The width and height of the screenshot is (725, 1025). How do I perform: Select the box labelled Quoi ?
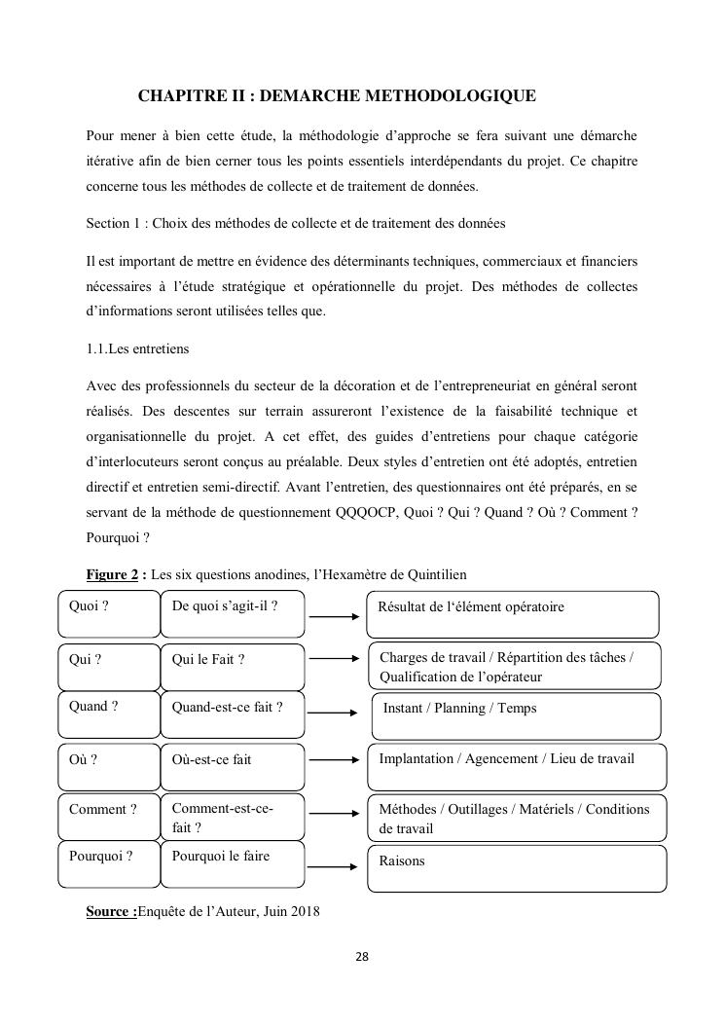pyautogui.click(x=108, y=614)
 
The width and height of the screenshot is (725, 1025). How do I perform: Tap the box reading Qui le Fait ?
pyautogui.click(x=232, y=666)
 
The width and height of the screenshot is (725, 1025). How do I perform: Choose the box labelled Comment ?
pyautogui.click(x=108, y=817)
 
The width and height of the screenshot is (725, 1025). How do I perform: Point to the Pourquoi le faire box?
pyautogui.click(x=232, y=865)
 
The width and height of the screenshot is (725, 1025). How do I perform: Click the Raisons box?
pyautogui.click(x=516, y=868)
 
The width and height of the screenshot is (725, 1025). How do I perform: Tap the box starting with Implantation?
pyautogui.click(x=516, y=766)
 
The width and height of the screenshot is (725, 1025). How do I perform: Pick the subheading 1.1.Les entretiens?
pyautogui.click(x=135, y=349)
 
